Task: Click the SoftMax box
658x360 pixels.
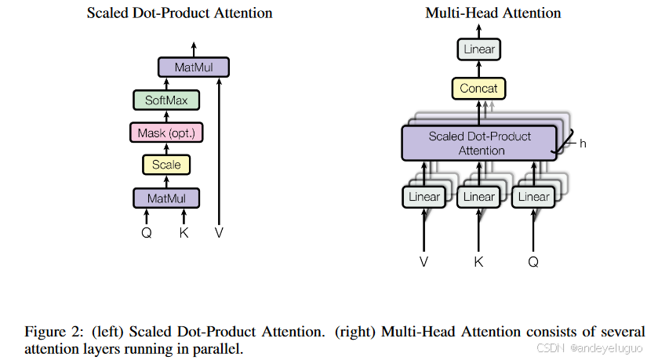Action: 166,100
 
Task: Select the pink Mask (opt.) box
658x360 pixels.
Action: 166,133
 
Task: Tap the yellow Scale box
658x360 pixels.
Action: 166,165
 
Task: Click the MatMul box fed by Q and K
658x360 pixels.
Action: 166,197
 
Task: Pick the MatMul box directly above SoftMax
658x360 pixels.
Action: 193,67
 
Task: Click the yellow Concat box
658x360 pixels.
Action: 478,89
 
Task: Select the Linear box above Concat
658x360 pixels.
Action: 479,50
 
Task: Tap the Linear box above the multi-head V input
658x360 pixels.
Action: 424,197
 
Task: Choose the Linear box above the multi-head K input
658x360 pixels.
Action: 478,197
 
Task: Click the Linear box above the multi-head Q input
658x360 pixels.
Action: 533,197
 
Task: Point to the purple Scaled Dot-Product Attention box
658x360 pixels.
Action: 479,143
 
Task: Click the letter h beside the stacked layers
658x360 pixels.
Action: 583,144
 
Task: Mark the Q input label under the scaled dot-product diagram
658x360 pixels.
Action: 147,232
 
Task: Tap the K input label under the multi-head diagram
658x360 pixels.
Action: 478,262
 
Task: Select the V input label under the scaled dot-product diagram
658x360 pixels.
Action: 219,232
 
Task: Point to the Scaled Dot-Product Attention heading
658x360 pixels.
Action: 180,13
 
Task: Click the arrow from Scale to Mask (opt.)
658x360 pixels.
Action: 166,148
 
